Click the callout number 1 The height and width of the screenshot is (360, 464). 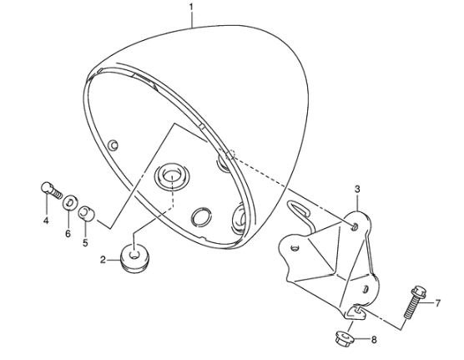[191, 7]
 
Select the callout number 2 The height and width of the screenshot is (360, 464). [103, 260]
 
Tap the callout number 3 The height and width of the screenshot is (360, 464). [357, 189]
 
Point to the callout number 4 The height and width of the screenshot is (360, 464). [46, 221]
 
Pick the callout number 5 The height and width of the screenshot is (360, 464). [85, 243]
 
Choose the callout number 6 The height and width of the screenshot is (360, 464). [68, 234]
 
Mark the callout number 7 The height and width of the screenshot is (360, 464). [437, 303]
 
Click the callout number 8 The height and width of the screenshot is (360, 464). [374, 340]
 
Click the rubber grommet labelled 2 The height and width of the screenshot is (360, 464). [134, 259]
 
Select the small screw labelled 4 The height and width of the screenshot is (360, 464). [51, 190]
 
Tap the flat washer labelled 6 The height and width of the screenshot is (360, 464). [70, 203]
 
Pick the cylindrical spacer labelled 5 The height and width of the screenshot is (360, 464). [87, 213]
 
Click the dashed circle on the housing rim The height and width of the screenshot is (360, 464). [230, 154]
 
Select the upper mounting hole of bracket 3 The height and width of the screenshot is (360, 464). [356, 227]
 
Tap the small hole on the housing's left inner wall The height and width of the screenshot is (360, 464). [113, 145]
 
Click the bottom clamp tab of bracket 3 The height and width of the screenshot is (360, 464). [356, 313]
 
